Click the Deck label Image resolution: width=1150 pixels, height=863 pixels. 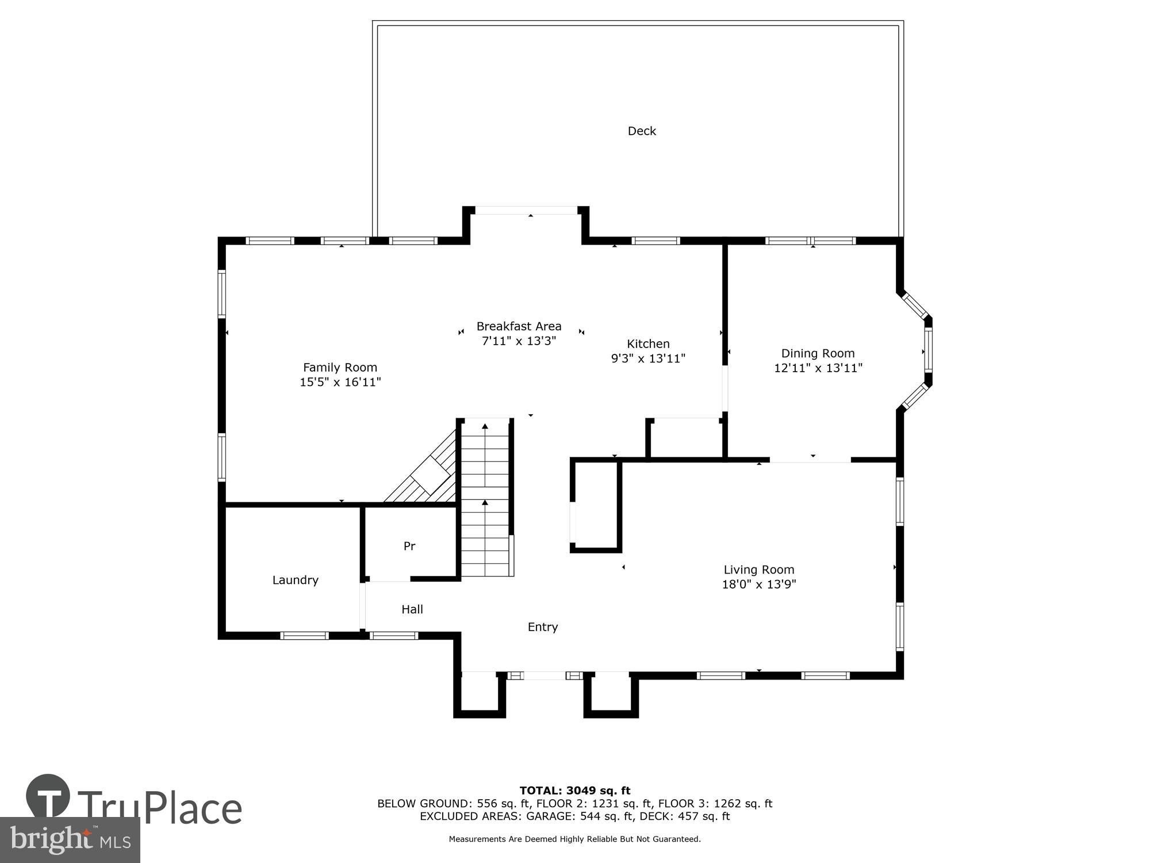[x=642, y=131]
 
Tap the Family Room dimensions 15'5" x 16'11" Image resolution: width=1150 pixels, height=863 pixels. [x=340, y=382]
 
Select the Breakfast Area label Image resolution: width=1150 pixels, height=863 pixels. [x=519, y=326]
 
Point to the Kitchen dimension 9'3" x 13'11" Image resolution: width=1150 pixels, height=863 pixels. [x=648, y=358]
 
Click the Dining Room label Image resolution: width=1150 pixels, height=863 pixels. [x=818, y=353]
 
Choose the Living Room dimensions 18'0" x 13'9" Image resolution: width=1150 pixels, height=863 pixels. [x=758, y=585]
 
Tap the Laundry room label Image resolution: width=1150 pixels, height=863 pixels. [x=295, y=580]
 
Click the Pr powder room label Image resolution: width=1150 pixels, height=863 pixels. [x=409, y=546]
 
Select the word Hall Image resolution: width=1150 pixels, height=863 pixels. [x=412, y=609]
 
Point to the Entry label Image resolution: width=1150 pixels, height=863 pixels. [x=543, y=627]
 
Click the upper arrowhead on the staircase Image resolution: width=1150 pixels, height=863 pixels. [x=485, y=426]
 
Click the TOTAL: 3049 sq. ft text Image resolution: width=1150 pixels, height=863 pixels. [x=574, y=791]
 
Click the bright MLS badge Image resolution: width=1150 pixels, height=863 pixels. [x=70, y=840]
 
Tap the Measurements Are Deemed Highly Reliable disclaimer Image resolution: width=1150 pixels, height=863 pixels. [x=574, y=839]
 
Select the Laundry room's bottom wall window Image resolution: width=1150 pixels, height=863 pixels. [x=304, y=636]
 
